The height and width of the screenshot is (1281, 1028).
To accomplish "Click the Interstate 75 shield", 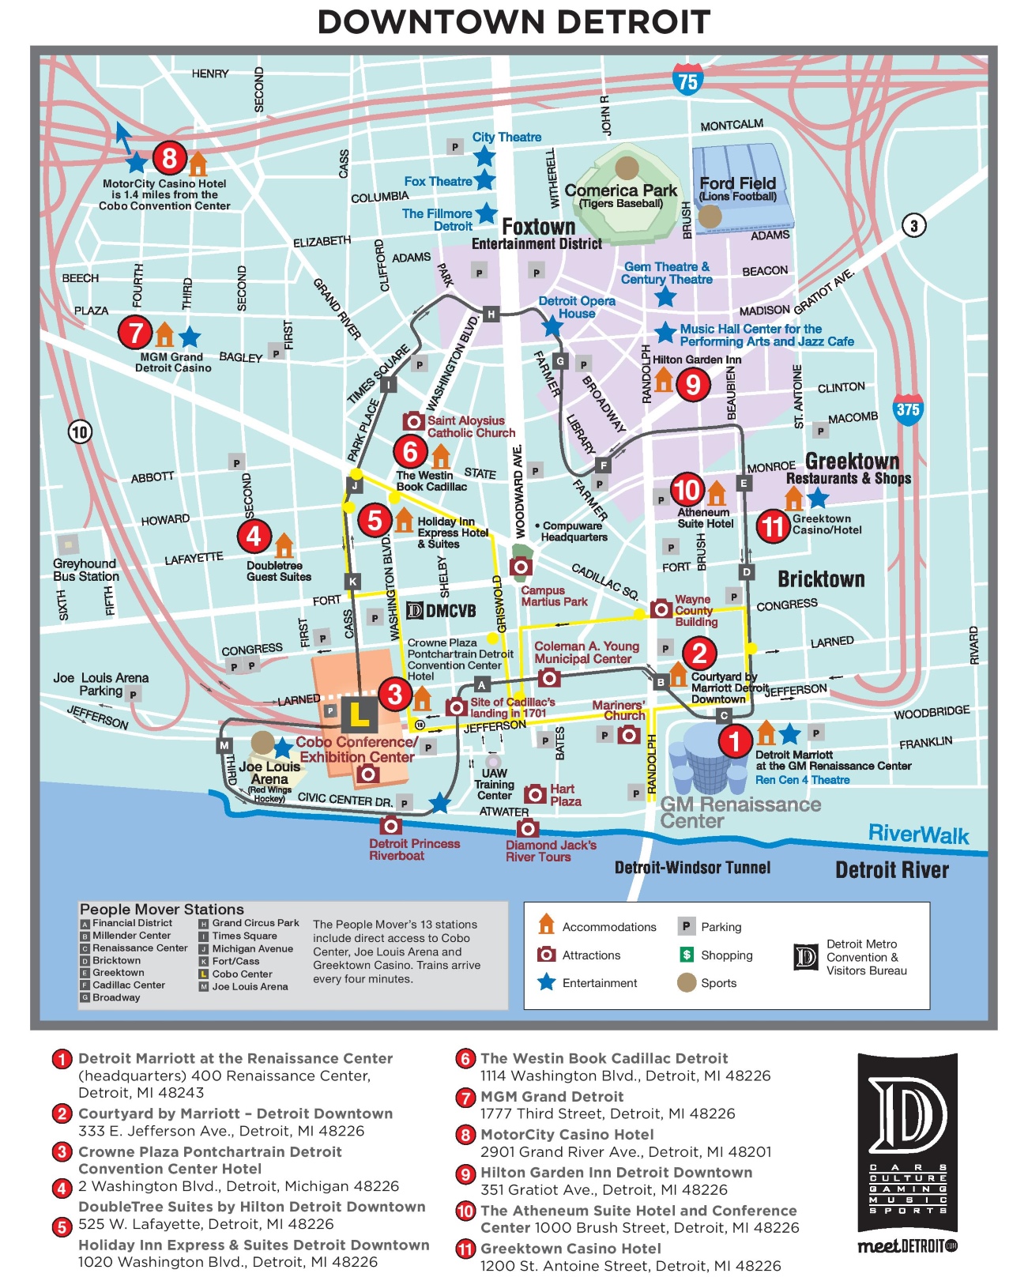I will click(687, 81).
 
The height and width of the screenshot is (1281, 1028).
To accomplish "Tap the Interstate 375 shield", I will click(907, 409).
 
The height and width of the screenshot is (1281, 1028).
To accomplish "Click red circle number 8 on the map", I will click(169, 158).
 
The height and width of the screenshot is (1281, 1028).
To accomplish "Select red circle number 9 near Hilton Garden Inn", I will click(693, 384).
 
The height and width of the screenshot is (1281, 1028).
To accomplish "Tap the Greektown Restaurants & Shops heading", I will click(850, 469).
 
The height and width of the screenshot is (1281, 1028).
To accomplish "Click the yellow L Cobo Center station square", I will click(359, 714).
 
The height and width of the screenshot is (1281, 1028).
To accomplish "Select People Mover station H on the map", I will click(491, 314).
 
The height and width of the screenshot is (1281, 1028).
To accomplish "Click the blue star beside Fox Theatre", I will click(484, 180).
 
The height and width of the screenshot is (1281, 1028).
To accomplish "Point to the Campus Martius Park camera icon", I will click(520, 566).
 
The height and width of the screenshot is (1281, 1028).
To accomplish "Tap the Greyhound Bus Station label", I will click(85, 570).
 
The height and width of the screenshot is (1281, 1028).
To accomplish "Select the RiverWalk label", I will click(918, 835).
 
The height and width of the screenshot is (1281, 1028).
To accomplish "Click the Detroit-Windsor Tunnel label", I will click(692, 868).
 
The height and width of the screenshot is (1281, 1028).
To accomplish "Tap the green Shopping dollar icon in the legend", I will click(687, 955).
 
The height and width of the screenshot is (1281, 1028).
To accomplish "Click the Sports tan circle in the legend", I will click(687, 982).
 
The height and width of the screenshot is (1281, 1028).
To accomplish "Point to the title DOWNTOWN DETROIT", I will click(514, 22).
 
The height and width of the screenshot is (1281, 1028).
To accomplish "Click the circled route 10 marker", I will click(80, 431).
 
